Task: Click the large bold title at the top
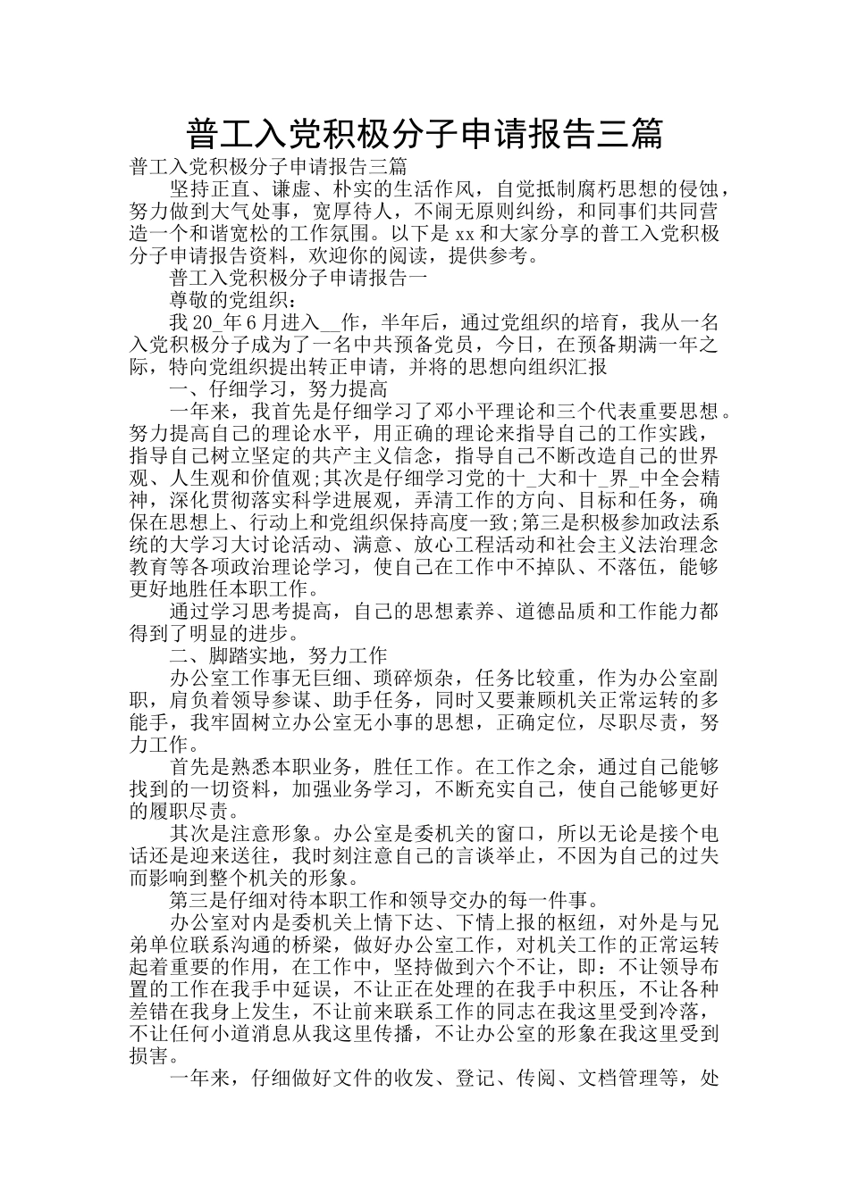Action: tap(424, 134)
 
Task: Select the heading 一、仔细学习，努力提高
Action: tap(278, 389)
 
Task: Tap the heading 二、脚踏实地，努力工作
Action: tap(278, 654)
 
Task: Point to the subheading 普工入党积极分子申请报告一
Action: tap(298, 278)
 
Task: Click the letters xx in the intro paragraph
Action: tap(465, 234)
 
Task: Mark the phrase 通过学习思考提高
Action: tap(248, 611)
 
